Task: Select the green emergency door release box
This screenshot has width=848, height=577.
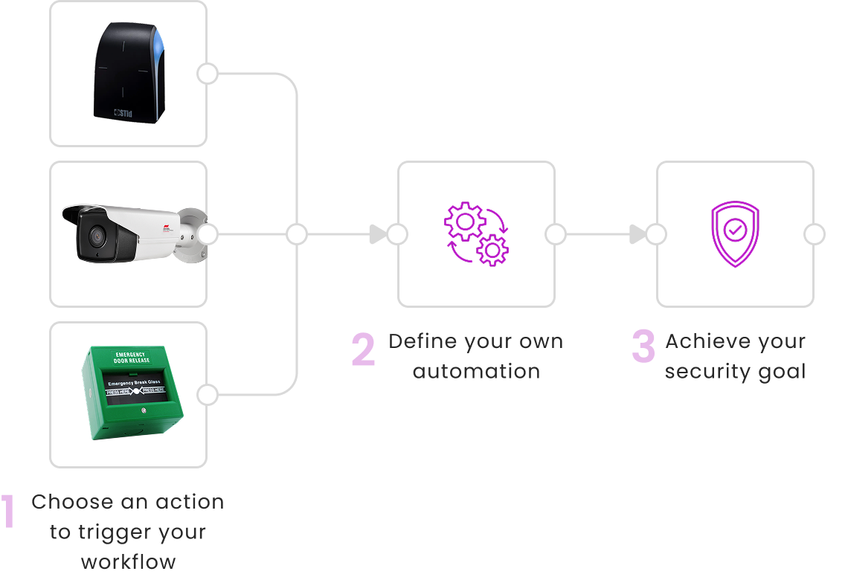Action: coord(132,393)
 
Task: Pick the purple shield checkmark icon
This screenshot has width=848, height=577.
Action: coord(735,233)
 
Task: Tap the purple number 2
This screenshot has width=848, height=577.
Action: coord(363,349)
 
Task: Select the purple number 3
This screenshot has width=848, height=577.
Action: coord(643,347)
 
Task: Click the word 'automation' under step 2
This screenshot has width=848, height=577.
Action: coord(476,371)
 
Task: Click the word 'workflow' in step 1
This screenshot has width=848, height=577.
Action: coord(128,561)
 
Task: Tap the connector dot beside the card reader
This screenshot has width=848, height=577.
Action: coord(208,74)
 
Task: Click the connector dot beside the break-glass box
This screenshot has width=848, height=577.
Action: coord(208,395)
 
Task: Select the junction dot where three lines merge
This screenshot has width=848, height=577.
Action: coord(297,235)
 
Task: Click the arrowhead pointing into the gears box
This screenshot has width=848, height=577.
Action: coord(378,235)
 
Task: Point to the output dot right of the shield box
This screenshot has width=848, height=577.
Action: coord(815,235)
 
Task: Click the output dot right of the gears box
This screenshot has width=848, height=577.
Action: coord(556,235)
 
